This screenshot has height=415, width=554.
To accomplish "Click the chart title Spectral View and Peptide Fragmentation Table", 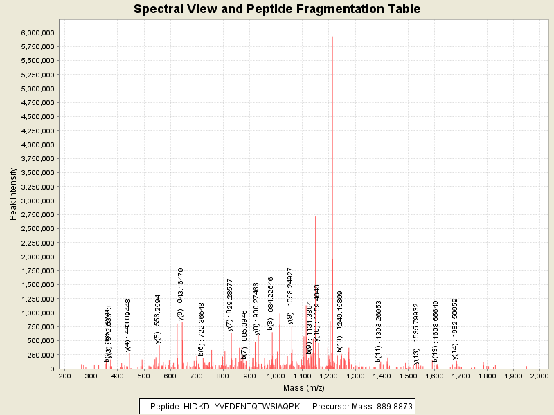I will click(277, 9).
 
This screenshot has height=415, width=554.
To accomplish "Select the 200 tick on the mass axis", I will click(64, 376).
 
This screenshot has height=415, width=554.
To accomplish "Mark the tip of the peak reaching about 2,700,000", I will click(316, 217).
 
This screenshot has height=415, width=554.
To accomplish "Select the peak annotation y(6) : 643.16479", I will click(181, 294).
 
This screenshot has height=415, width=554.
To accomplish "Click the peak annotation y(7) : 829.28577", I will click(230, 305).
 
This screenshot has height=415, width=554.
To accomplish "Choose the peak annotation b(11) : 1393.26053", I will click(379, 331).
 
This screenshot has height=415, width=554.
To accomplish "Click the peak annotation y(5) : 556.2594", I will click(157, 318).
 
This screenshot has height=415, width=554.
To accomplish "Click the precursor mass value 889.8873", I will click(393, 407).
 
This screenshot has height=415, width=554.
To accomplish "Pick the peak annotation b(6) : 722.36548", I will click(201, 329).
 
